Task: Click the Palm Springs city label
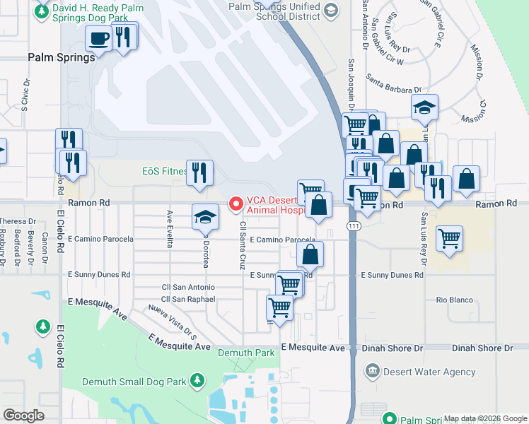click(x=62, y=58)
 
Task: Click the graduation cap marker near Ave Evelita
click(x=205, y=217)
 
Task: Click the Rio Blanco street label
click(x=454, y=300)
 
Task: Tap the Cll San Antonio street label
click(x=188, y=288)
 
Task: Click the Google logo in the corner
click(x=23, y=416)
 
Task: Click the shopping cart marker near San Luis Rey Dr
click(x=450, y=240)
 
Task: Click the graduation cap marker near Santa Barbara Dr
click(x=425, y=107)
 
